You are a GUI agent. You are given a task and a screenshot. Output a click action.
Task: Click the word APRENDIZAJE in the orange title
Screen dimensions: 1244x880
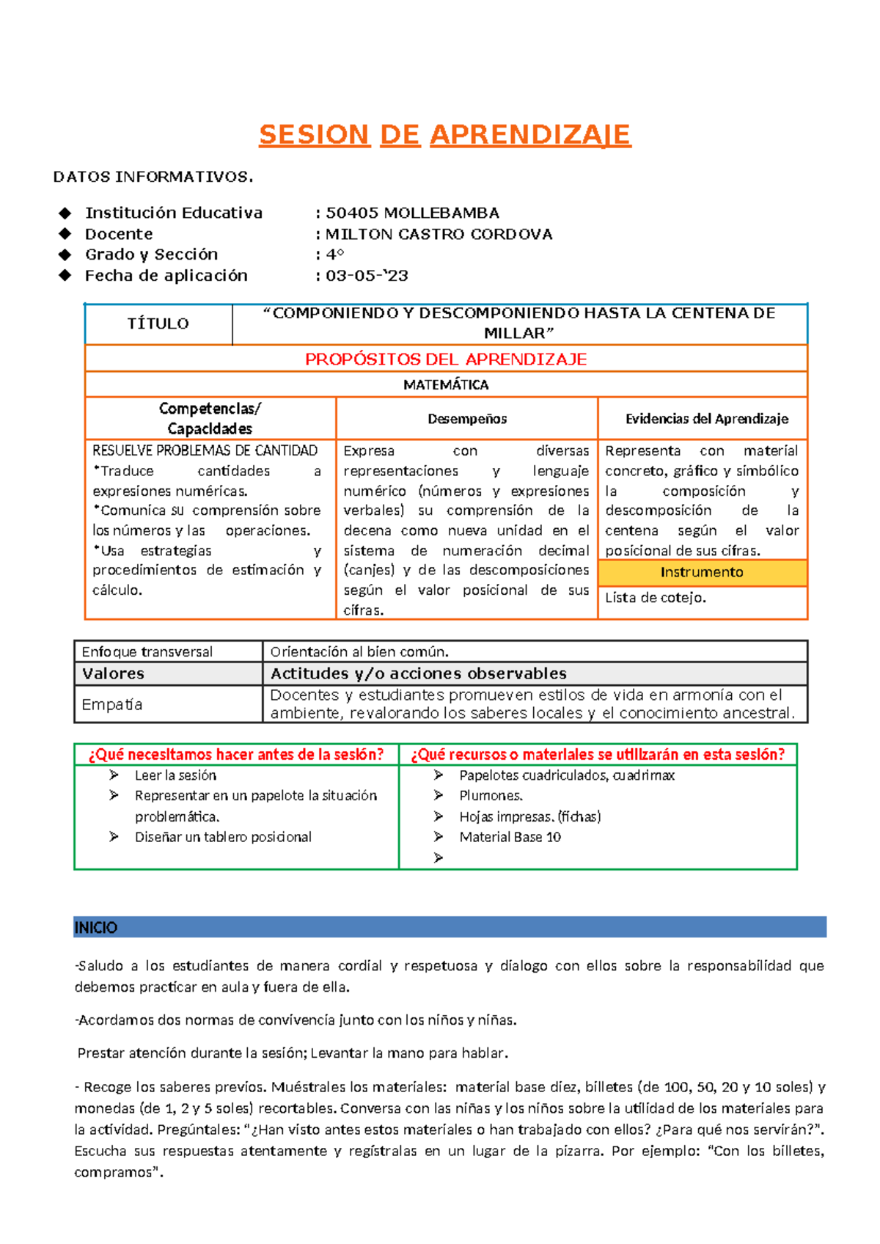529,135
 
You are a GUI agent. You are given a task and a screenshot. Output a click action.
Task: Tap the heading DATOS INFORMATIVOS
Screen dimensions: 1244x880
153,177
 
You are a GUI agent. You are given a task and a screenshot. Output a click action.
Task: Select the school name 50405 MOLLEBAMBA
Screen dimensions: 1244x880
412,213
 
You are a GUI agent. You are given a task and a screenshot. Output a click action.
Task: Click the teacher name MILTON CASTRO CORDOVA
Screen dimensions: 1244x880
439,234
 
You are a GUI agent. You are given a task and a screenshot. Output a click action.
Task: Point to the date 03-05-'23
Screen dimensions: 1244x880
367,276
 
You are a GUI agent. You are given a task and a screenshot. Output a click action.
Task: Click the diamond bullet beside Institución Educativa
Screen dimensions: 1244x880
65,213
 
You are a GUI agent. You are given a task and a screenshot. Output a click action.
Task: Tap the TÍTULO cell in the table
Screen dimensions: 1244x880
158,323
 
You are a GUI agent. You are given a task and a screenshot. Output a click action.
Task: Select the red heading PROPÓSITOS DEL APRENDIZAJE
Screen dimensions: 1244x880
446,359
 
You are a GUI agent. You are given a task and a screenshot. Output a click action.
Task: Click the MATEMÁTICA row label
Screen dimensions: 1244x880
446,384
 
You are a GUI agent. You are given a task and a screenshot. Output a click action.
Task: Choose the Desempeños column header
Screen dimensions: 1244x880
467,419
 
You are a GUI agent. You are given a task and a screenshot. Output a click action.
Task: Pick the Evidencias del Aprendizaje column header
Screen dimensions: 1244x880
706,419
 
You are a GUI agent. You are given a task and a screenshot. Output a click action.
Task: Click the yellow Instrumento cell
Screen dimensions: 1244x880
702,572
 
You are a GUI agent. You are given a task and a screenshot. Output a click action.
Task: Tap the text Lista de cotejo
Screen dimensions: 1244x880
656,598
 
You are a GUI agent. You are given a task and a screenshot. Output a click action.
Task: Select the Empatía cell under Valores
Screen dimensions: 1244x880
112,704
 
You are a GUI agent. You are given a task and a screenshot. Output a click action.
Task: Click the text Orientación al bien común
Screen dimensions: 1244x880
359,651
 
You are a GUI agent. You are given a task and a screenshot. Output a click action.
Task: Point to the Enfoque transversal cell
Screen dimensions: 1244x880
147,651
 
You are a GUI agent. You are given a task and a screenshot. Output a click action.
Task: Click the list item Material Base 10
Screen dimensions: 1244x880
510,837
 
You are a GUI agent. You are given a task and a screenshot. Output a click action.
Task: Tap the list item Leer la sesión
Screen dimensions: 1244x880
175,775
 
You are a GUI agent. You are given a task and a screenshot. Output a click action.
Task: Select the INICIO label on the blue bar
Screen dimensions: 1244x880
95,928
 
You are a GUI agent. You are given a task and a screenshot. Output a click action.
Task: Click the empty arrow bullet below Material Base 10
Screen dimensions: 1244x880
439,857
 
